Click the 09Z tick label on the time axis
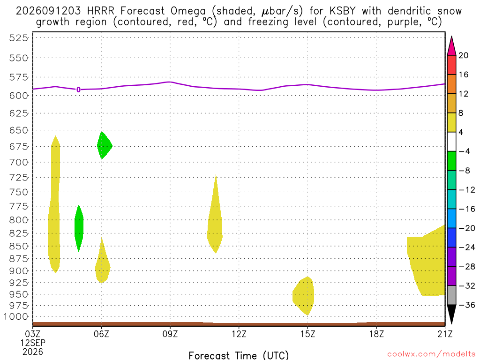[170, 334]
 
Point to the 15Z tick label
[307, 334]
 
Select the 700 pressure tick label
[19, 162]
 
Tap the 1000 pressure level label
[16, 316]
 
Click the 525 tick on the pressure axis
[19, 38]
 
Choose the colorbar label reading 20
[464, 55]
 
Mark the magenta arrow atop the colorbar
[451, 45]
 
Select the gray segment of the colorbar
[451, 295]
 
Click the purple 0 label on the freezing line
[79, 90]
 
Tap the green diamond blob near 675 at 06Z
[104, 145]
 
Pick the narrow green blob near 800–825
[79, 228]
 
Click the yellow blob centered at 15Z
[304, 296]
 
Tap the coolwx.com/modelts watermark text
[431, 354]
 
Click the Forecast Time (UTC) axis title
[239, 355]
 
